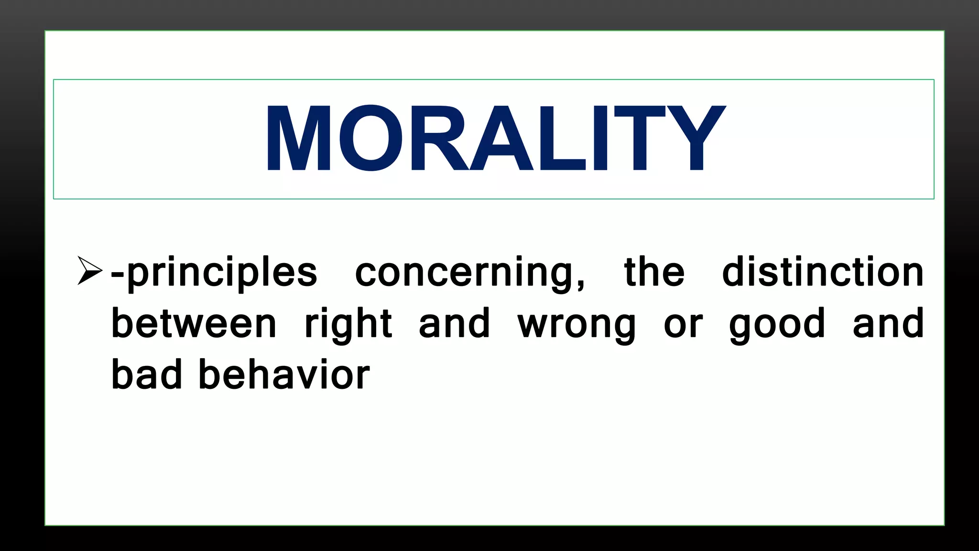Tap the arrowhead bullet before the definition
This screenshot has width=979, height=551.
pyautogui.click(x=89, y=271)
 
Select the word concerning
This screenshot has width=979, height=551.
pyautogui.click(x=464, y=273)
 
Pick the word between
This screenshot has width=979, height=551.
pyautogui.click(x=194, y=324)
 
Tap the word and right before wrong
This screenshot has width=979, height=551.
pyautogui.click(x=454, y=324)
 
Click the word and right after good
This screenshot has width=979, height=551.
pyautogui.click(x=888, y=324)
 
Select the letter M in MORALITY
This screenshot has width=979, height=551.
pyautogui.click(x=299, y=138)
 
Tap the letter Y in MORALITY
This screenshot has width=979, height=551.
pyautogui.click(x=696, y=138)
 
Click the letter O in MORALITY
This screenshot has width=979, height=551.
pyautogui.click(x=370, y=138)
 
